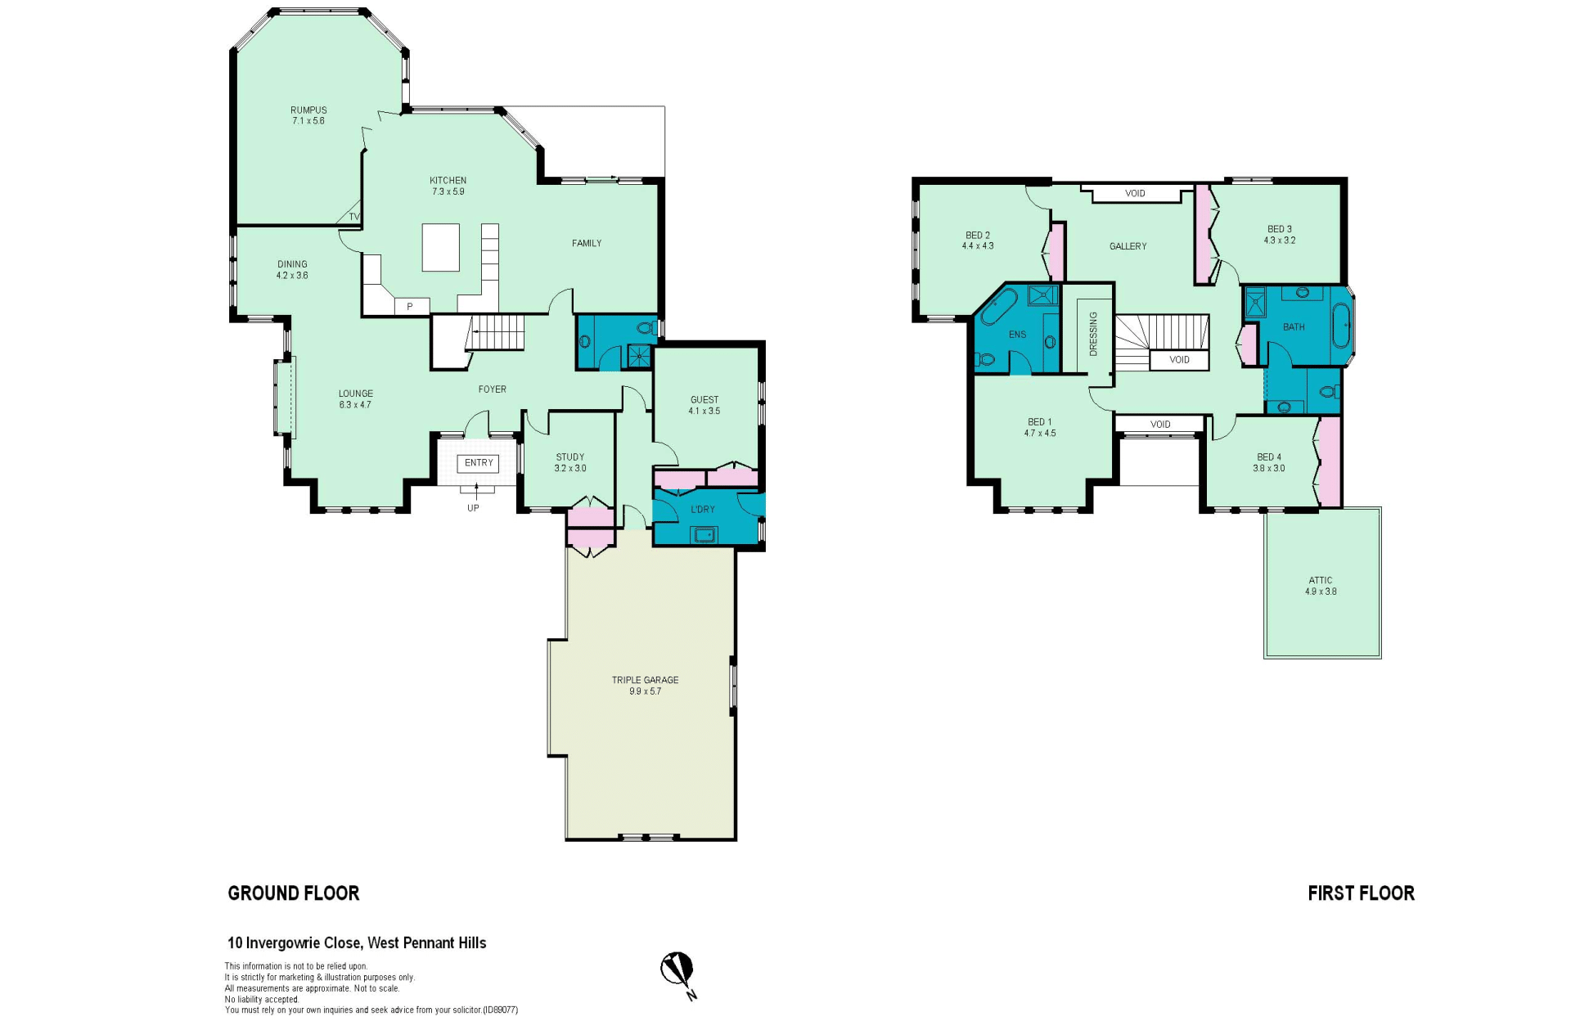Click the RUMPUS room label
coord(308,110)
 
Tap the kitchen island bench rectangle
coord(440,247)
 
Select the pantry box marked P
coord(411,306)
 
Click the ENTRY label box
coord(479,463)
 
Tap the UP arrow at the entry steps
coord(475,492)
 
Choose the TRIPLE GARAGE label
coord(645,680)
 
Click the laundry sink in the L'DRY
coord(704,535)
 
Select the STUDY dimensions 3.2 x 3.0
coord(570,468)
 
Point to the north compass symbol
coord(677,972)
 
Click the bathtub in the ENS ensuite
coord(998,308)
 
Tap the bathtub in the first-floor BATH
coord(1343,327)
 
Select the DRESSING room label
coord(1093,334)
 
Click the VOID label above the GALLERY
coord(1135,194)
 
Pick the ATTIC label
coord(1321,580)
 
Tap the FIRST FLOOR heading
coord(1361,893)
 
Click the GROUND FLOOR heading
coord(294,893)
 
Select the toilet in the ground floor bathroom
coord(646,328)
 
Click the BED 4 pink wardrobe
coord(1330,461)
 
